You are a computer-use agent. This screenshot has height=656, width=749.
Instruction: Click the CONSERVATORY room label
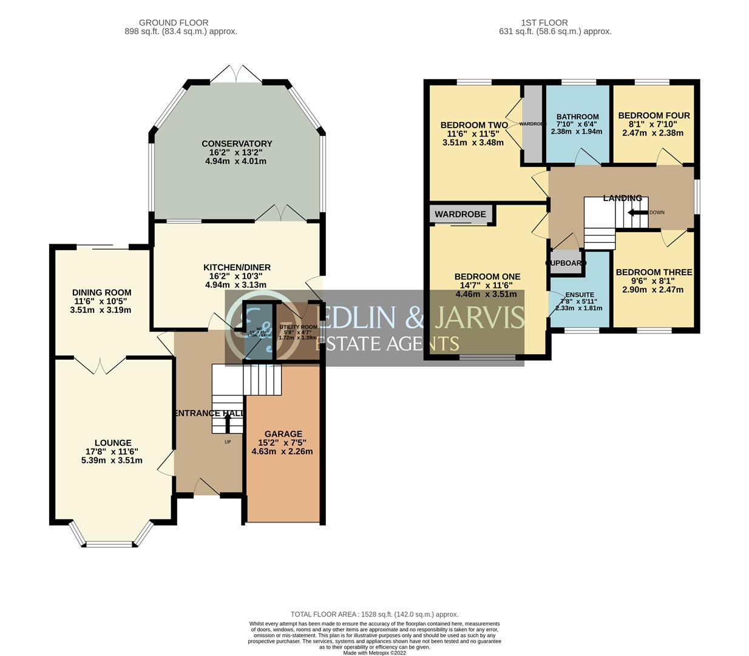tap(237, 144)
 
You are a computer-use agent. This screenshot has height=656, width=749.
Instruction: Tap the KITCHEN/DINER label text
tap(237, 267)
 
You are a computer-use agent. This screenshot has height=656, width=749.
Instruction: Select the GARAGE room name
tap(283, 434)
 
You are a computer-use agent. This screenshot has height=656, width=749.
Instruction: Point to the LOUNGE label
tap(113, 443)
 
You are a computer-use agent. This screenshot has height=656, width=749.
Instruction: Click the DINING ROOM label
tap(101, 292)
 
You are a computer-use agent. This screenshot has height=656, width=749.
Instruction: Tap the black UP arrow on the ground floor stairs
tap(228, 422)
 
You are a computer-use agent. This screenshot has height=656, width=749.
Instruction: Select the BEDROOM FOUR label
tap(654, 115)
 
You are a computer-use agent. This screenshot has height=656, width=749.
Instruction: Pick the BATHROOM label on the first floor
tap(577, 117)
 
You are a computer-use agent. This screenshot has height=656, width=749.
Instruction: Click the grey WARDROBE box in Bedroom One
tap(461, 214)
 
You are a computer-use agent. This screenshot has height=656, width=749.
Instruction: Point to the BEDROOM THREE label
tap(654, 272)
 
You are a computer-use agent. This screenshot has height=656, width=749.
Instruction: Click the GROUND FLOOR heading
tap(174, 22)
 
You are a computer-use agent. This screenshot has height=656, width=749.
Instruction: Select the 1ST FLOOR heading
tap(544, 22)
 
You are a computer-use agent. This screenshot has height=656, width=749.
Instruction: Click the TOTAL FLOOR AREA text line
tap(374, 614)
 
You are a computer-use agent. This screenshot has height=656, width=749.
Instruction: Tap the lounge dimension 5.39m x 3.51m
tap(113, 460)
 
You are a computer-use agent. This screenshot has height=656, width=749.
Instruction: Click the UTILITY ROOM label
tap(298, 327)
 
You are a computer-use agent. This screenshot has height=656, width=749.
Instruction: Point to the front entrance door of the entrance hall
tap(206, 486)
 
